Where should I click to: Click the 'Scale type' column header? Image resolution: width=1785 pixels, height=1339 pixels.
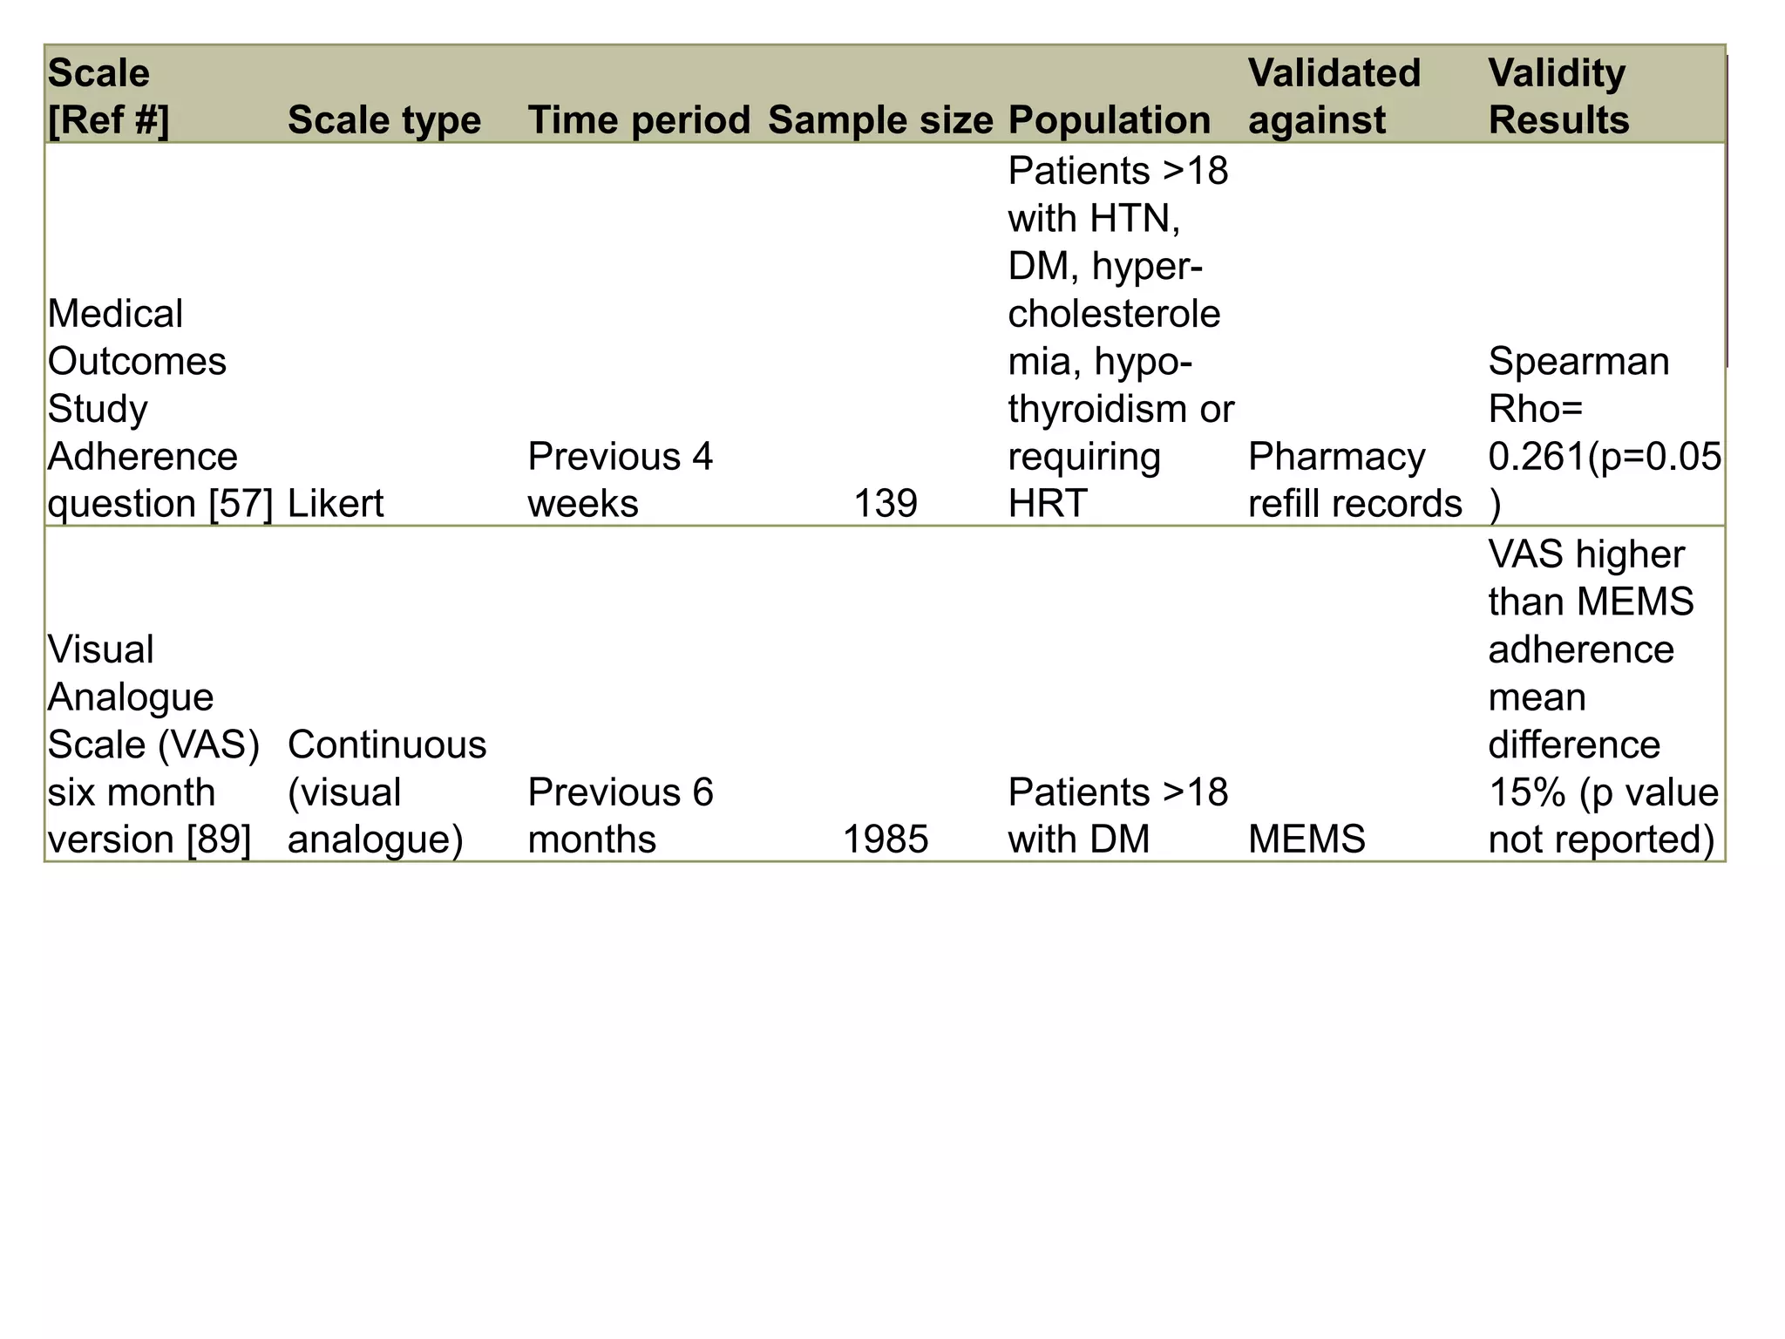[383, 119]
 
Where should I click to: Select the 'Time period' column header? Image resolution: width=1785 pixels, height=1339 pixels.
[639, 119]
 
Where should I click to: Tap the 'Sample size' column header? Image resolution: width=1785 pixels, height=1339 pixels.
[880, 119]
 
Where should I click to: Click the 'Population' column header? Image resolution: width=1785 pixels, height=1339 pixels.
[1109, 119]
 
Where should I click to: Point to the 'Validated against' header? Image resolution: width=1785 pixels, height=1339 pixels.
[1334, 96]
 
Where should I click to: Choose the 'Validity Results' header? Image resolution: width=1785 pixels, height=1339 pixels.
[1558, 96]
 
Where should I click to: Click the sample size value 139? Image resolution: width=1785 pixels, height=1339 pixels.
[886, 503]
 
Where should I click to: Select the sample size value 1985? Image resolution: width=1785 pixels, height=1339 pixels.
[886, 839]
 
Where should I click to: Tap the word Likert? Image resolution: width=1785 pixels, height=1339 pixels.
[336, 503]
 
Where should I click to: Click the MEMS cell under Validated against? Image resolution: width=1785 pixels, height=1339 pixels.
[1307, 839]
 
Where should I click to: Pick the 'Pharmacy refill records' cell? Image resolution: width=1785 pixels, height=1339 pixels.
[1354, 479]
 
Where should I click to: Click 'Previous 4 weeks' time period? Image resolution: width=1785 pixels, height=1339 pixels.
[620, 479]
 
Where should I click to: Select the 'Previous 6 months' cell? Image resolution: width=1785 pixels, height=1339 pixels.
[620, 815]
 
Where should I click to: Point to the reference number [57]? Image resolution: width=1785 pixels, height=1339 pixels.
[241, 503]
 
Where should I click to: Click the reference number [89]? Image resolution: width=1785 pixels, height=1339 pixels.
[219, 839]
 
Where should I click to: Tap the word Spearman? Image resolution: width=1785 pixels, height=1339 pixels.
[1578, 361]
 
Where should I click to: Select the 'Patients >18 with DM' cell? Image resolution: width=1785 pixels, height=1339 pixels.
[1117, 815]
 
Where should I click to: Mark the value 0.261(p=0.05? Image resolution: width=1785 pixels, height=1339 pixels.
[1604, 456]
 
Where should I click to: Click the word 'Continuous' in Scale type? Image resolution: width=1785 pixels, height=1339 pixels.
[387, 744]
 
